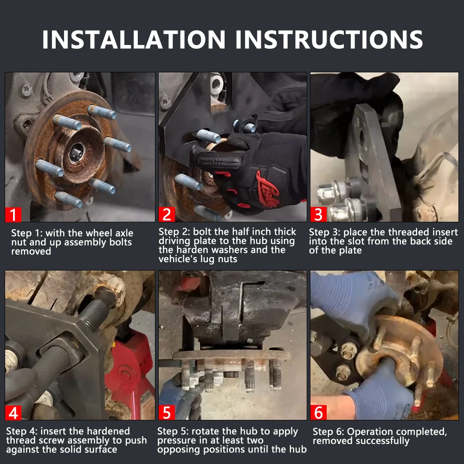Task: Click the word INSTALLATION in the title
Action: pyautogui.click(x=134, y=39)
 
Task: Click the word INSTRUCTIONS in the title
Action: pyautogui.click(x=329, y=39)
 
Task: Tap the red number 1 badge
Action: pyautogui.click(x=13, y=214)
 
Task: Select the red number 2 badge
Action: pyautogui.click(x=167, y=214)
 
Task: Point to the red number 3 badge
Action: pyautogui.click(x=318, y=214)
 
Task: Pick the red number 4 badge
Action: pyautogui.click(x=13, y=412)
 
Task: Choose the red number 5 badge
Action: pyautogui.click(x=167, y=412)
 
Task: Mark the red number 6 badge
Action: pyautogui.click(x=318, y=412)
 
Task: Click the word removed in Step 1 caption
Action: pyautogui.click(x=31, y=251)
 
